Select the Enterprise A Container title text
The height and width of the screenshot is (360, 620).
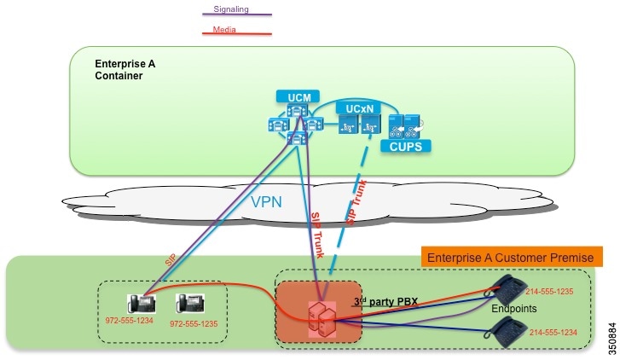point(120,69)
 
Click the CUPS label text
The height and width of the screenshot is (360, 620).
point(406,146)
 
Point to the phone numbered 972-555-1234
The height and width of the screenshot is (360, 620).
point(141,305)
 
